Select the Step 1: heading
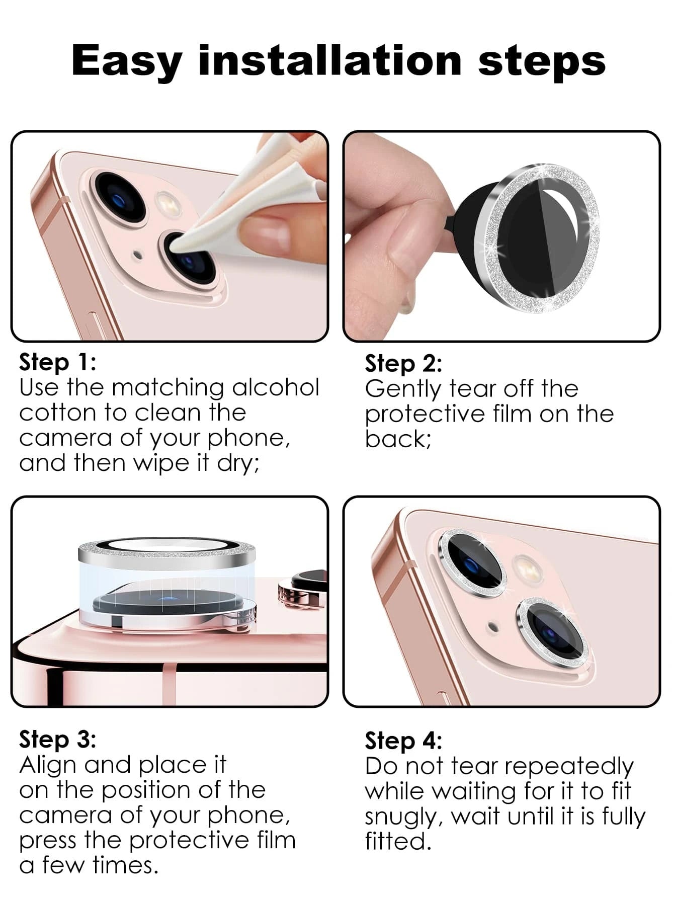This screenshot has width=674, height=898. pos(57,362)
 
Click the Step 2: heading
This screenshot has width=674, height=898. pos(403,363)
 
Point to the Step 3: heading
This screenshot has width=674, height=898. pos(57,740)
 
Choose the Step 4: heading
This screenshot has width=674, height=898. pos(403,741)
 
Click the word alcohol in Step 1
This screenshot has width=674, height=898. pos(276,387)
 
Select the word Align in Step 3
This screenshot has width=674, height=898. pos(49,766)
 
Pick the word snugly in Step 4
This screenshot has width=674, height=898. pos(403,818)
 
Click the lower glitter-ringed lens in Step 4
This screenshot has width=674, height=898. pos(552,632)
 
